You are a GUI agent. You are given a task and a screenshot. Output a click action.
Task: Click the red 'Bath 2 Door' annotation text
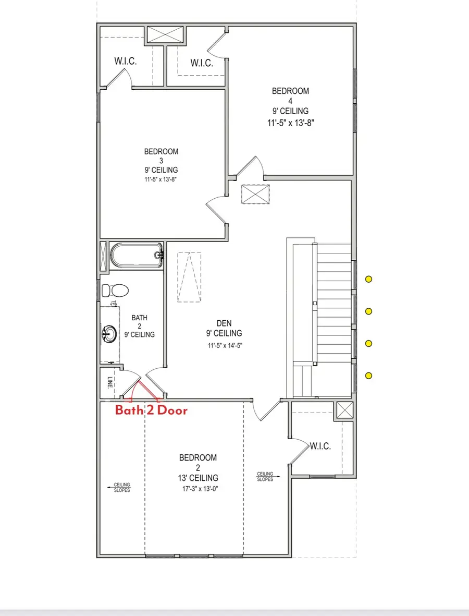(151, 410)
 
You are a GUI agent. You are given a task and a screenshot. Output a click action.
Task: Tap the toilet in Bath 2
(115, 290)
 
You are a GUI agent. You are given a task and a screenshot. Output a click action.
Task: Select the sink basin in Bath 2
(110, 332)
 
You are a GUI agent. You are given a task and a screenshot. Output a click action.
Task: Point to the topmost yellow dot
(368, 279)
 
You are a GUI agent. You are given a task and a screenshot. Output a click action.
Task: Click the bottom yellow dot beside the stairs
(368, 376)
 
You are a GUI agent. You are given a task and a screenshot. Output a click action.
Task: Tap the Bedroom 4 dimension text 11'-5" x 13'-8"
(290, 123)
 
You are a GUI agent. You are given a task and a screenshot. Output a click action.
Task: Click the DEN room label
(224, 323)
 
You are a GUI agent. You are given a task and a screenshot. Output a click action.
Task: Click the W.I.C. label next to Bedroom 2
(320, 446)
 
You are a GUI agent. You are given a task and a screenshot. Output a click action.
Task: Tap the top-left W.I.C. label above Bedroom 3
(126, 62)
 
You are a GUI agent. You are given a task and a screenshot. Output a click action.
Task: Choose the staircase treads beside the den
(334, 303)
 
